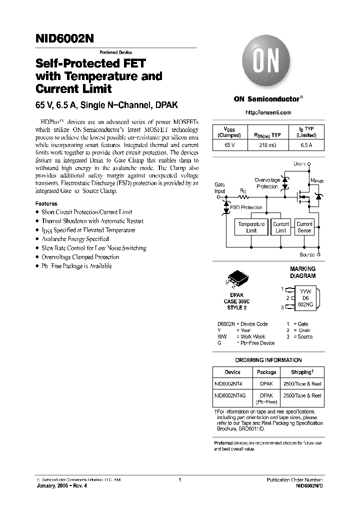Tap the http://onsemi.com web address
click(x=268, y=113)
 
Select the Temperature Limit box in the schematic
click(x=251, y=227)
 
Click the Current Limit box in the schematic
click(x=281, y=227)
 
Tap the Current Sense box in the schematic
click(x=304, y=227)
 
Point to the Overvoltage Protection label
click(x=267, y=183)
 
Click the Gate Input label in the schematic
click(x=219, y=188)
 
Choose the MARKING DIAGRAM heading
click(x=303, y=272)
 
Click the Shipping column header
click(x=302, y=372)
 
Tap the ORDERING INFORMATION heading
click(x=268, y=360)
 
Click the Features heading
click(x=46, y=204)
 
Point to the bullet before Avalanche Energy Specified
click(x=37, y=239)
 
